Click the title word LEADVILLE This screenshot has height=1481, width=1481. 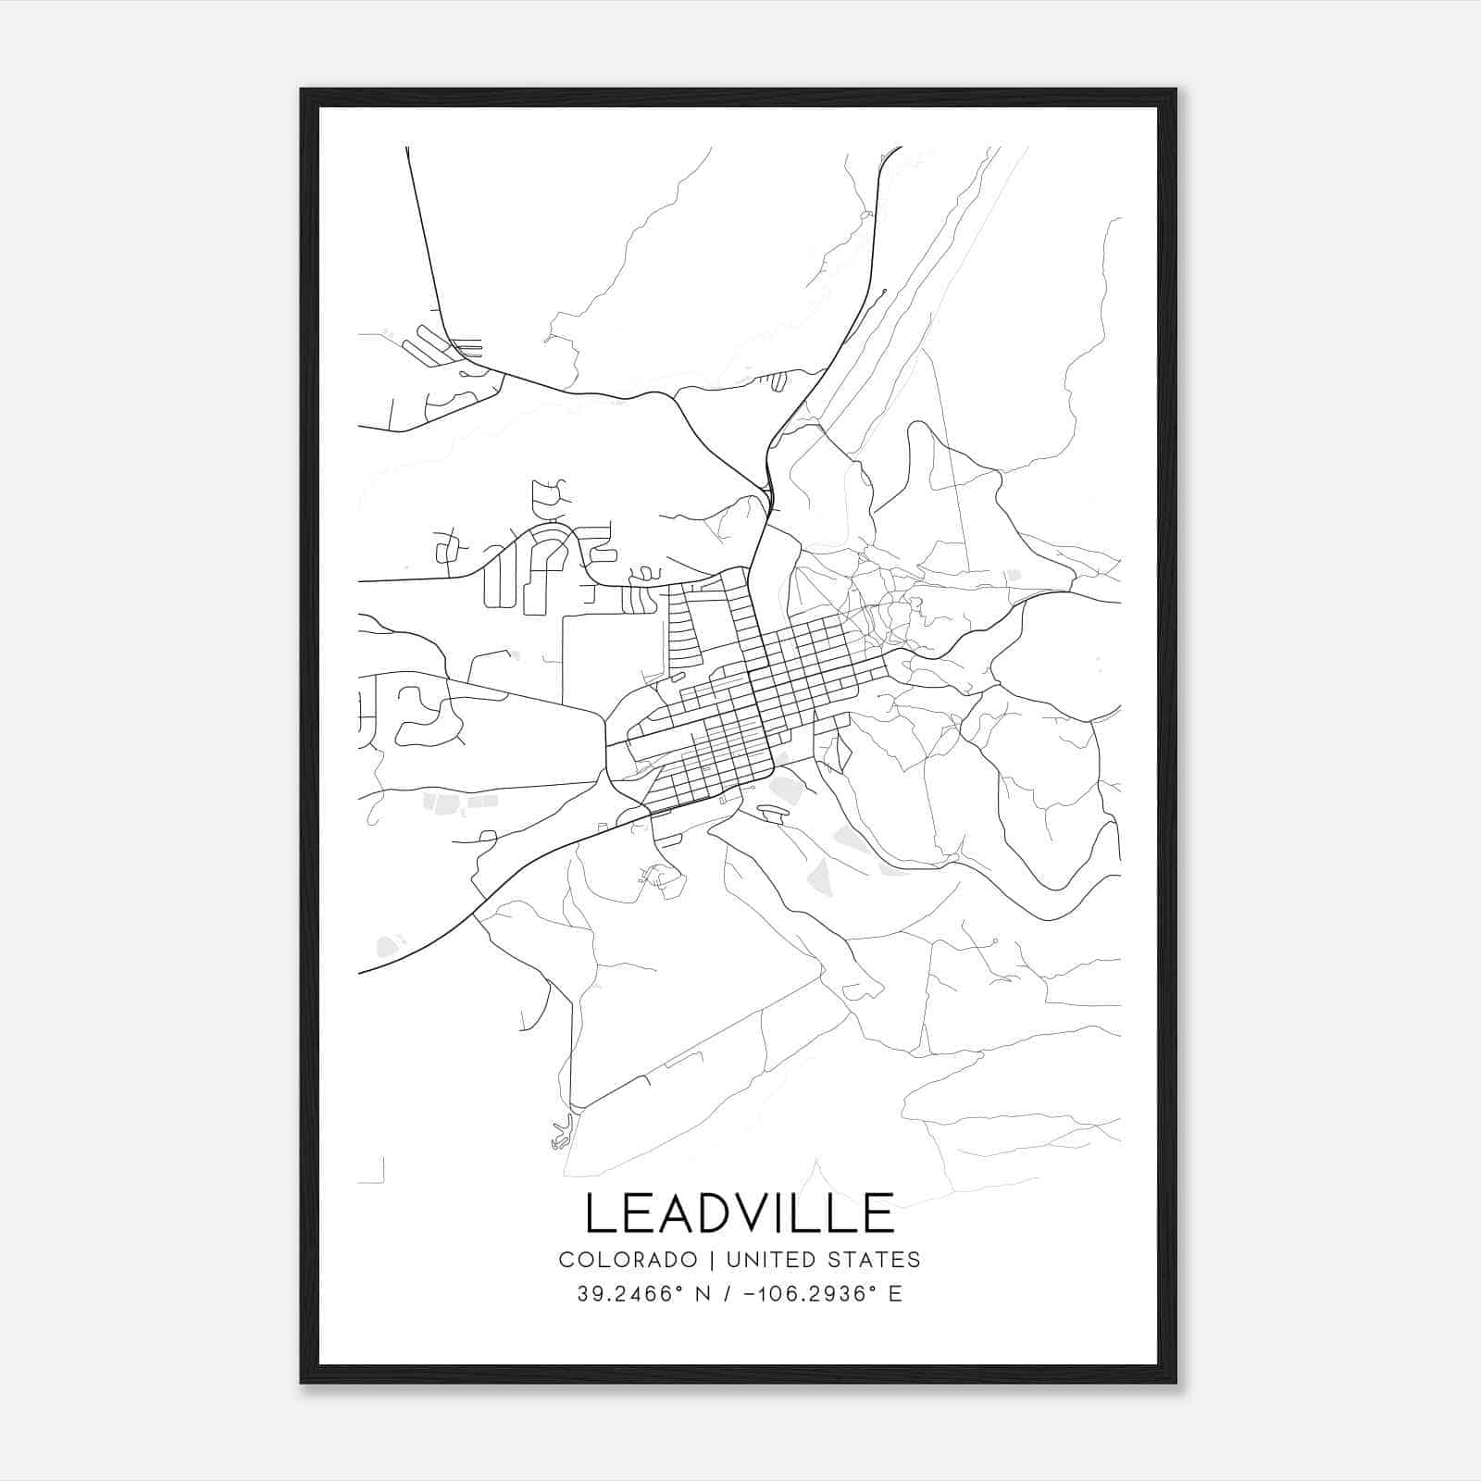(740, 1213)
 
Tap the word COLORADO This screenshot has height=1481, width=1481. (628, 1260)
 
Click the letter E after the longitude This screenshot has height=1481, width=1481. (895, 1294)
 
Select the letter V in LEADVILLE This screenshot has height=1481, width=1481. (759, 1213)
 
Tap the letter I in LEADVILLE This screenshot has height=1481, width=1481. (795, 1213)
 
